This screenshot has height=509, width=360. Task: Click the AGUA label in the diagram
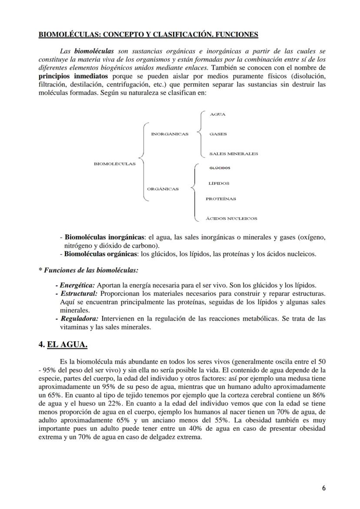click(217, 114)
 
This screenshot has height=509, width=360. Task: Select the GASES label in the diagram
click(218, 134)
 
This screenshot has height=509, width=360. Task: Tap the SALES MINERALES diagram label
click(233, 153)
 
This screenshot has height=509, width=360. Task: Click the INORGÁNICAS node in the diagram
click(170, 134)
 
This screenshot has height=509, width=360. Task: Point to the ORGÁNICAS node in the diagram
click(163, 189)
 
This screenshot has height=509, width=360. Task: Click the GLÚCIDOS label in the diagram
click(220, 168)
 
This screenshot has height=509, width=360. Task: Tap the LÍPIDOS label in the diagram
click(219, 183)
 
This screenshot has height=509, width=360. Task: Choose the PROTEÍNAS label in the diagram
click(221, 199)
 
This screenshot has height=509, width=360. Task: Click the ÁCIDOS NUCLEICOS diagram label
click(231, 219)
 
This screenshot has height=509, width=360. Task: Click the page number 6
click(324, 488)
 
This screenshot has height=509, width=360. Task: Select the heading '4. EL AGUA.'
click(63, 345)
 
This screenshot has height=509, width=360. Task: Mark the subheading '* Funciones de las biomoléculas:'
click(89, 270)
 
